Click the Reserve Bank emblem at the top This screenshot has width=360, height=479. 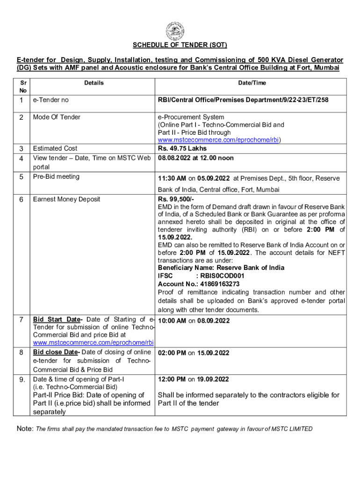pos(180,32)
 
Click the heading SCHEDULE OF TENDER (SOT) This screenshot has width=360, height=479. pos(180,45)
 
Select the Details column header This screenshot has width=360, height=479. pos(94,83)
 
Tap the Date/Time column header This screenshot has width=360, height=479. pos(252,83)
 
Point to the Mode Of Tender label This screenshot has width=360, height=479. pos(57,117)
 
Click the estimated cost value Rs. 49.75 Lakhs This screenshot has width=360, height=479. pos(182,149)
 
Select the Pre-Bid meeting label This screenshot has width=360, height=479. pos(56,176)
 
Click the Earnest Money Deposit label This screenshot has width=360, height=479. pos(66,199)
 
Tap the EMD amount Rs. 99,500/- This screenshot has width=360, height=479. pos(173,199)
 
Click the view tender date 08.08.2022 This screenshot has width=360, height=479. pos(175,158)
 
